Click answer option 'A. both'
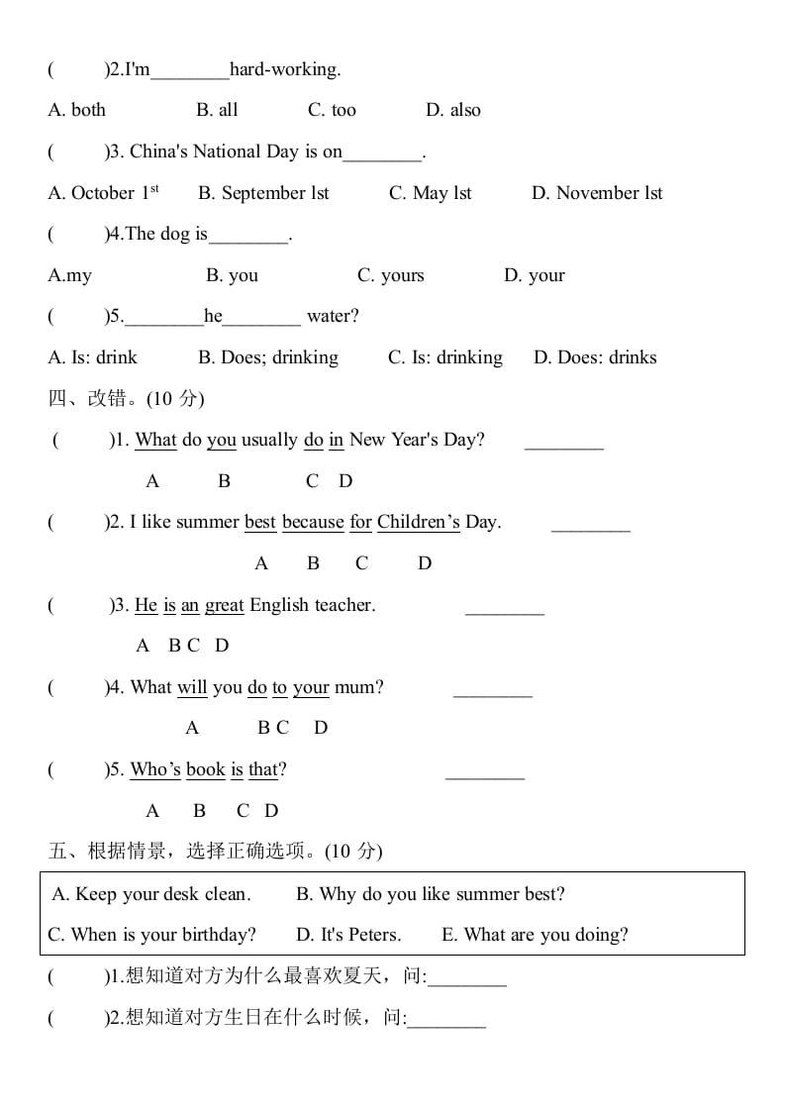[x=76, y=110]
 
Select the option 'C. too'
[x=332, y=110]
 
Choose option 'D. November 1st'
[x=597, y=193]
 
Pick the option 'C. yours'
[x=390, y=275]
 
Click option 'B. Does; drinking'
[x=267, y=357]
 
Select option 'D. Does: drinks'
[x=595, y=357]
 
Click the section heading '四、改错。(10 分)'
[x=126, y=398]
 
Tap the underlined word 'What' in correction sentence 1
[x=155, y=440]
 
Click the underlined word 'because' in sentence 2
[x=313, y=522]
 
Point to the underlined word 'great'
[x=225, y=605]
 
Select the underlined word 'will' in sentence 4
[x=192, y=687]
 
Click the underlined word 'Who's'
[x=155, y=769]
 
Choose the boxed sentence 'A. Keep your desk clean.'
[x=150, y=894]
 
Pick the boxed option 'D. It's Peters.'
[x=348, y=935]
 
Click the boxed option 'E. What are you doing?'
[x=535, y=935]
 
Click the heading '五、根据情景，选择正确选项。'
[x=215, y=851]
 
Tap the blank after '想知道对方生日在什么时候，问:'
[x=446, y=1020]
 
